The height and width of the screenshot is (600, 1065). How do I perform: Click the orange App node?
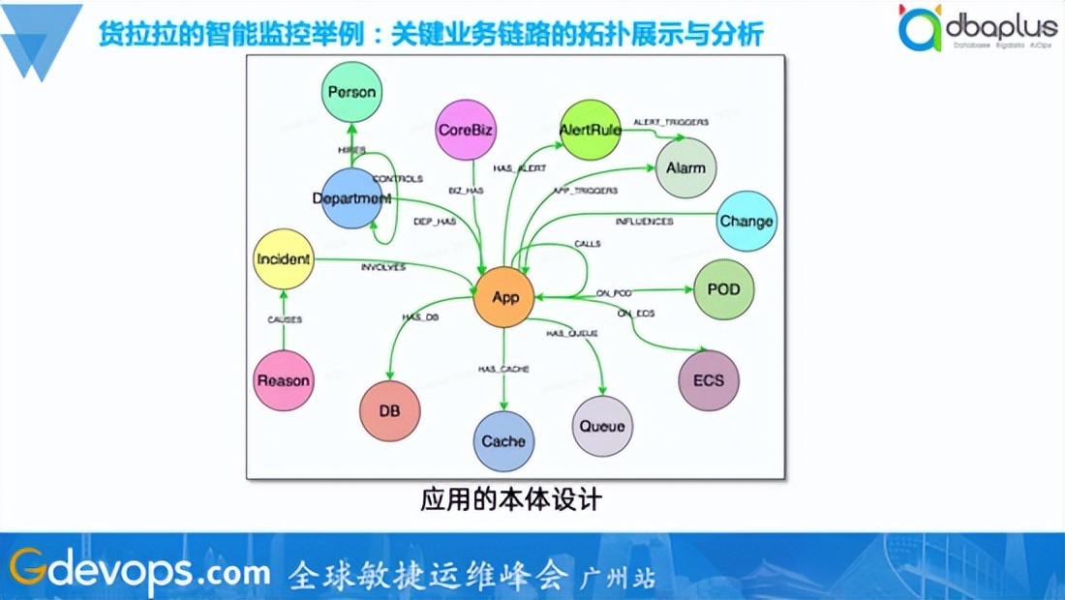tap(505, 296)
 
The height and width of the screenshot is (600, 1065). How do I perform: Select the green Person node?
tap(351, 92)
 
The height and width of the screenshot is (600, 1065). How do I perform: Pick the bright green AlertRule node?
tap(591, 130)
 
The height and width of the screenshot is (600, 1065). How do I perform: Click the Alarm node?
tap(685, 168)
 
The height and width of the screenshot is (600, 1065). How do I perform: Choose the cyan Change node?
tap(745, 222)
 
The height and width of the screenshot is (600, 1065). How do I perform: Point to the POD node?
tap(723, 290)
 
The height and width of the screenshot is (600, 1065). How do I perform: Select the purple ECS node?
tap(709, 380)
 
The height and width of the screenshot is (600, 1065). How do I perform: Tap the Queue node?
tap(602, 426)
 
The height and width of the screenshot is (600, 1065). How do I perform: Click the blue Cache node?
tap(503, 441)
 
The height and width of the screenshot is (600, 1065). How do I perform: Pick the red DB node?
tap(389, 411)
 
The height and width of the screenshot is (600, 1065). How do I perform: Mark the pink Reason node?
tap(283, 380)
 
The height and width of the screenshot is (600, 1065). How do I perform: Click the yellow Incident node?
tap(284, 259)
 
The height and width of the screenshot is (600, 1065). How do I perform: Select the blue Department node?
tap(351, 198)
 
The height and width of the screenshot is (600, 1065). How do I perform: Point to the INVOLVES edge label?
tap(382, 266)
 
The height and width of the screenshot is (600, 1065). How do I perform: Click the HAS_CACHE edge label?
tap(503, 369)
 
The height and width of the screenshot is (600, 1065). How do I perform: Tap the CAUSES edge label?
tap(285, 319)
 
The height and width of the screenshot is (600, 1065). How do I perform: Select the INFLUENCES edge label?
tap(644, 222)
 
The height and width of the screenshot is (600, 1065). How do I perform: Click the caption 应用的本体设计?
tap(511, 500)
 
